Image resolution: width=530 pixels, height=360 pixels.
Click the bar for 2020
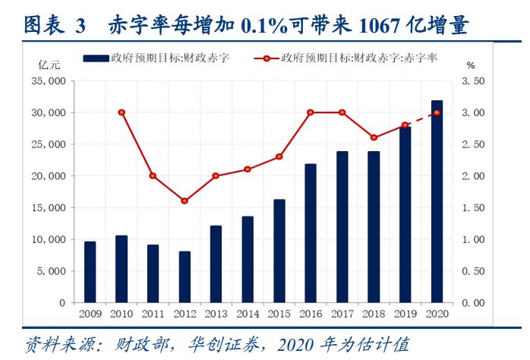pyautogui.click(x=437, y=201)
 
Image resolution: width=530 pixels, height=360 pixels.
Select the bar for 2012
pyautogui.click(x=185, y=276)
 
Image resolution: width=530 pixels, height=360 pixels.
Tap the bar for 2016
pyautogui.click(x=311, y=233)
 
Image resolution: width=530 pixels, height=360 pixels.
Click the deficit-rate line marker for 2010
pyautogui.click(x=121, y=112)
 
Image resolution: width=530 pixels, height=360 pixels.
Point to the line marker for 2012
pyautogui.click(x=185, y=201)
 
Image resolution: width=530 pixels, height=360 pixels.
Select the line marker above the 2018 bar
pyautogui.click(x=374, y=137)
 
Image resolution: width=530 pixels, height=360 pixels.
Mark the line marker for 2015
pyautogui.click(x=279, y=156)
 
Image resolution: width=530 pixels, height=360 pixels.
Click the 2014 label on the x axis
pyautogui.click(x=248, y=313)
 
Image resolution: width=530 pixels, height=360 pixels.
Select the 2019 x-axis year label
pyautogui.click(x=405, y=313)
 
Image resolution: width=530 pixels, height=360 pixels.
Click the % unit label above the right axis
pyautogui.click(x=471, y=66)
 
